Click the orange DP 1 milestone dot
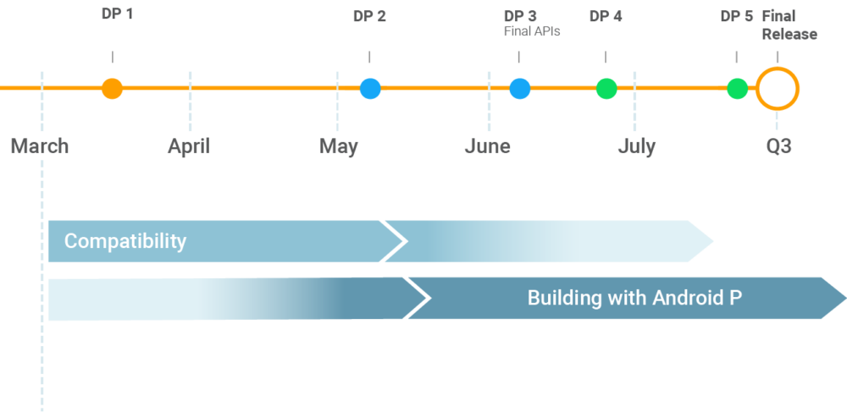112,88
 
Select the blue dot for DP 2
370,88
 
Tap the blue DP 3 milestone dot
520,88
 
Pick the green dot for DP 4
606,88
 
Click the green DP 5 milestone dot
738,88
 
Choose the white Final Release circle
778,88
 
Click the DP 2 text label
369,16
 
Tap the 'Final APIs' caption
532,32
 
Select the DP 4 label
606,16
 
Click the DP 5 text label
736,16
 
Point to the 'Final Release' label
789,25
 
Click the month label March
40,146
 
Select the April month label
188,146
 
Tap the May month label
339,146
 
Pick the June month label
488,146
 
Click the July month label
636,146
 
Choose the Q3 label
778,146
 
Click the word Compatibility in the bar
125,241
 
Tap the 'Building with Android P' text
634,298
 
